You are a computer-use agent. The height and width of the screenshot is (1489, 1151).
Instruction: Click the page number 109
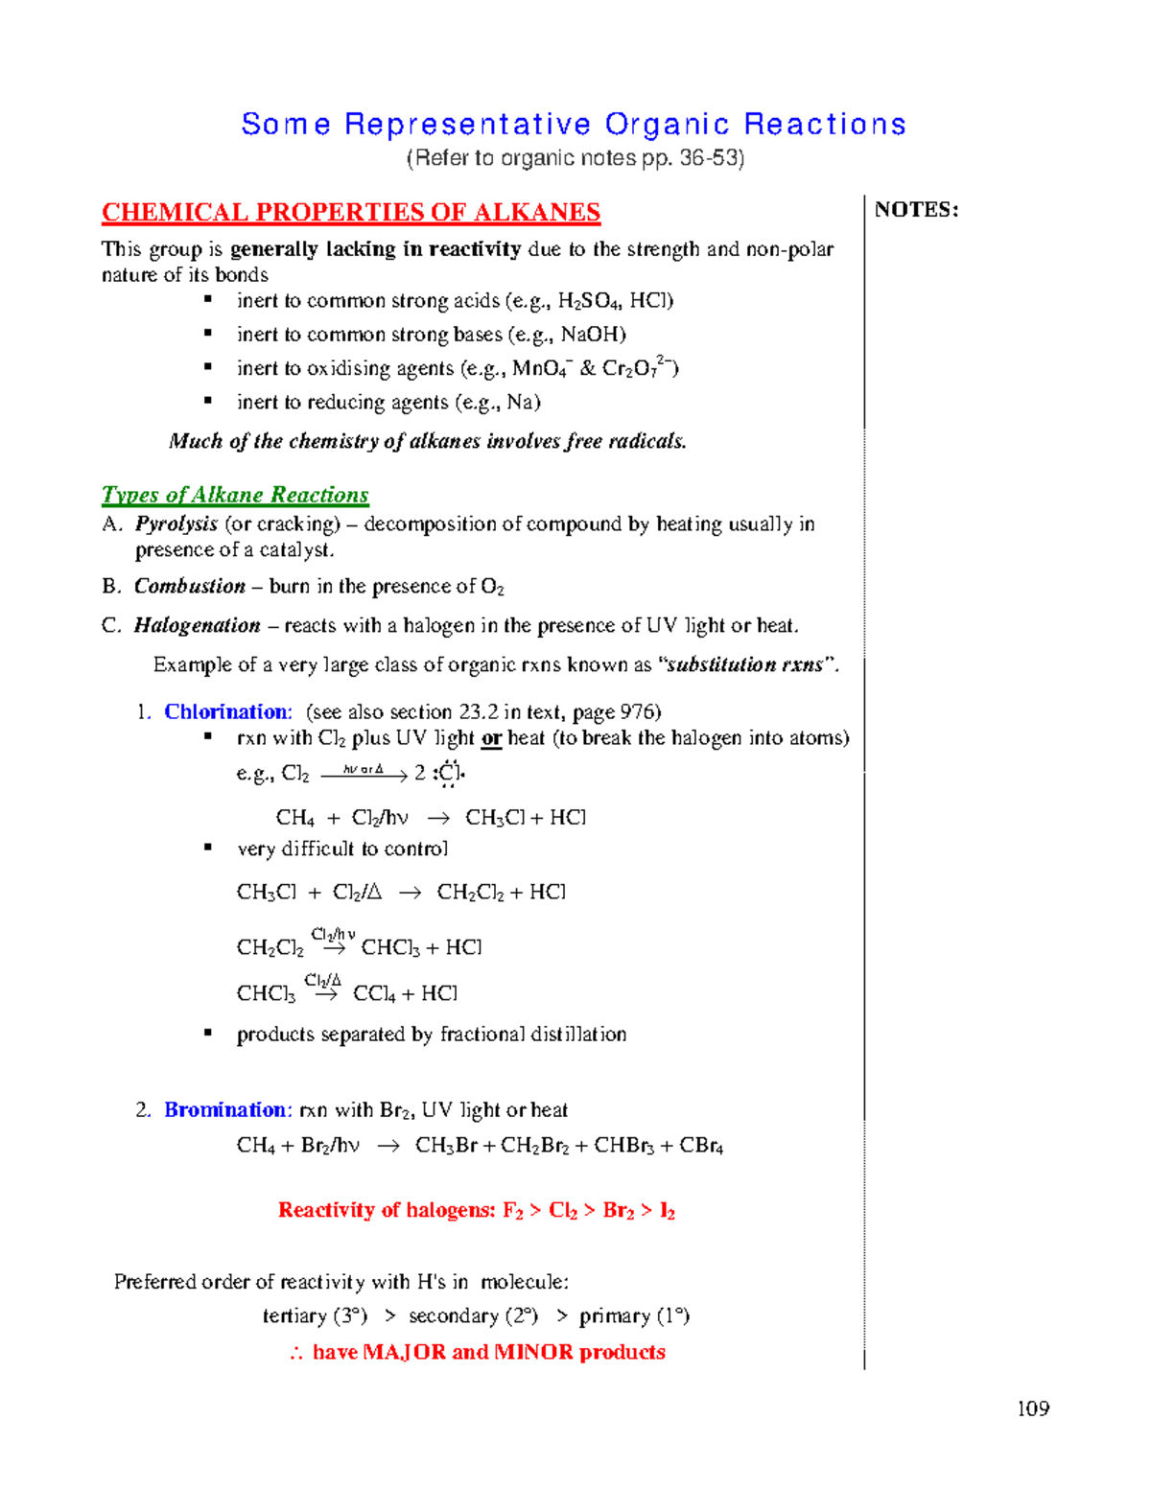pos(1033,1408)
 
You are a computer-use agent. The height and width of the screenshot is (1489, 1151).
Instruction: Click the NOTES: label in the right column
pos(916,210)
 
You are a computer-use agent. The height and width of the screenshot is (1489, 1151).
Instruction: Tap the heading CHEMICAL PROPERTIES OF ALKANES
pos(351,212)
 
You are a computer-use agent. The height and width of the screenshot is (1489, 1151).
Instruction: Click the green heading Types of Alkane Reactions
pos(235,495)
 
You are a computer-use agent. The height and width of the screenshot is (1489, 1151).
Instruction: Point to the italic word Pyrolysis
pos(176,523)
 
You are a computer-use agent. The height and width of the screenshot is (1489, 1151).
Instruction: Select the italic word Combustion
pos(190,586)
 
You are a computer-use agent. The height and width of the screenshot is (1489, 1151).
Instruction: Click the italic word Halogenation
pos(197,625)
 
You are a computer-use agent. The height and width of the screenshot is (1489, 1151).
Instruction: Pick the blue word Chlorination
pos(226,711)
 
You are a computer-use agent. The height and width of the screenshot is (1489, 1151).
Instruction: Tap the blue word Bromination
pos(226,1109)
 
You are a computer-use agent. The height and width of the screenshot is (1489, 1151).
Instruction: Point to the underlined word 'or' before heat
pos(491,738)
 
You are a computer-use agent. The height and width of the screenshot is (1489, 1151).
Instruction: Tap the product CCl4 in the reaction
pos(374,993)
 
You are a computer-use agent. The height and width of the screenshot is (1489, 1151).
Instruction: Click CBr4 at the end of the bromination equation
pos(701,1146)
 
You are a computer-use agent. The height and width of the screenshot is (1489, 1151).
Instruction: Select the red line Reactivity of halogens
pos(477,1210)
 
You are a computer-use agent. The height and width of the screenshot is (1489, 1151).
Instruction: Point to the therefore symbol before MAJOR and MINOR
pos(296,1353)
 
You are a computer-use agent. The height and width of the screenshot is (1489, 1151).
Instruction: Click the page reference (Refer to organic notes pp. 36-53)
pos(575,158)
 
